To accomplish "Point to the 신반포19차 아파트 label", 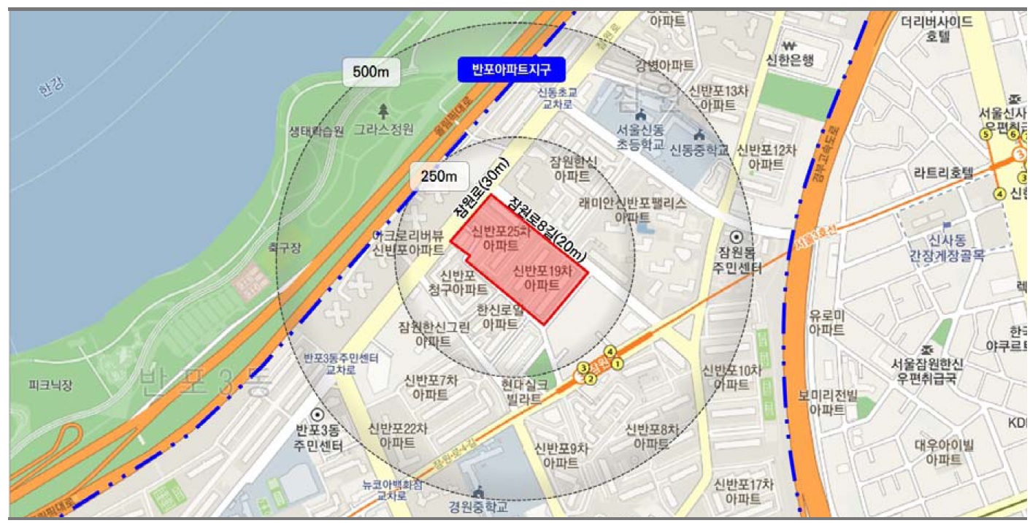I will click(541, 278).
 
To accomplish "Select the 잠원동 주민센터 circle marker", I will click(737, 237).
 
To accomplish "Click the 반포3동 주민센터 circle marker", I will click(318, 414).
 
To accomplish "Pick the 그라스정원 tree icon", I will click(384, 111).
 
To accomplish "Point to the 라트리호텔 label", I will click(943, 173).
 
